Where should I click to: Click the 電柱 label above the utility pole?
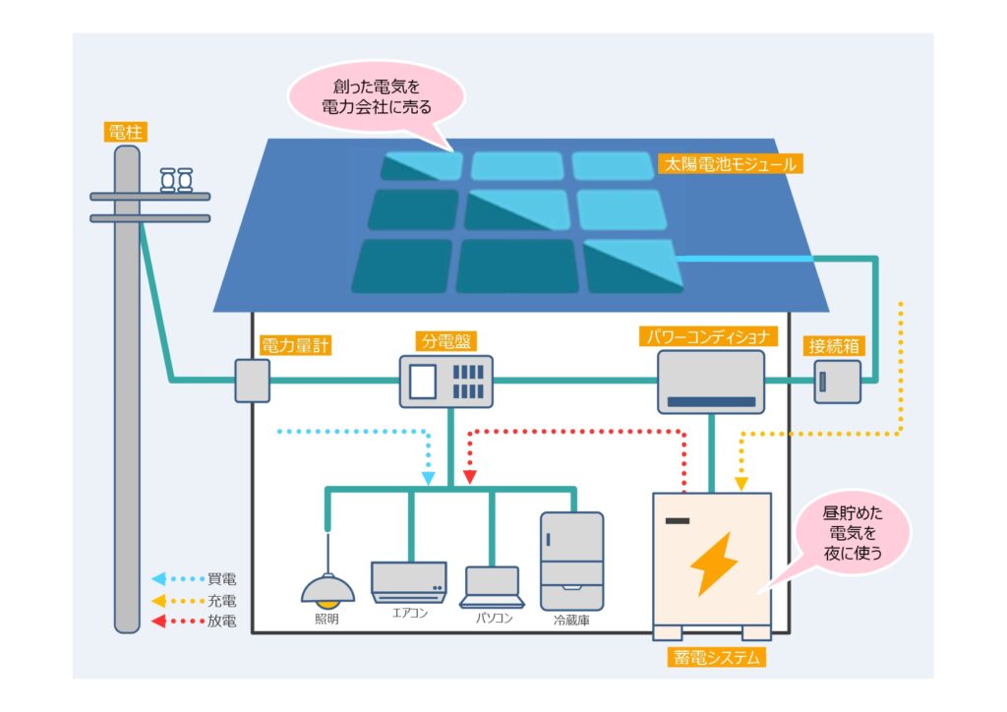point(126,131)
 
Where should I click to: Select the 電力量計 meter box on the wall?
point(252,381)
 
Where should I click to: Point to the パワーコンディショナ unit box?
point(711,382)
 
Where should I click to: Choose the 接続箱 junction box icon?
point(837,382)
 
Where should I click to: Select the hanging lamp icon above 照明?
point(327,587)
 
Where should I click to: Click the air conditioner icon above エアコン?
point(409,581)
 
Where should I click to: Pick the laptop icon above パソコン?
point(492,588)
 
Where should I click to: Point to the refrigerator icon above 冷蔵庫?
point(571,558)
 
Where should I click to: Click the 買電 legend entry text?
point(222,579)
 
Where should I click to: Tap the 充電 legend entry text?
point(222,600)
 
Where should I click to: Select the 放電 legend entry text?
point(222,621)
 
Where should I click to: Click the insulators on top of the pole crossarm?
point(176,180)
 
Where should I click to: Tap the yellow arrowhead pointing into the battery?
point(740,484)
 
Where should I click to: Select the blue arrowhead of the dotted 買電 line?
point(429,478)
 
